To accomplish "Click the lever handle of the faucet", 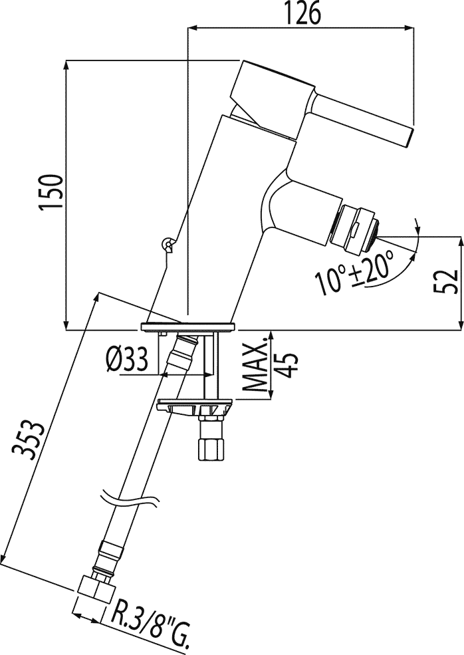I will pos(362,119).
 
